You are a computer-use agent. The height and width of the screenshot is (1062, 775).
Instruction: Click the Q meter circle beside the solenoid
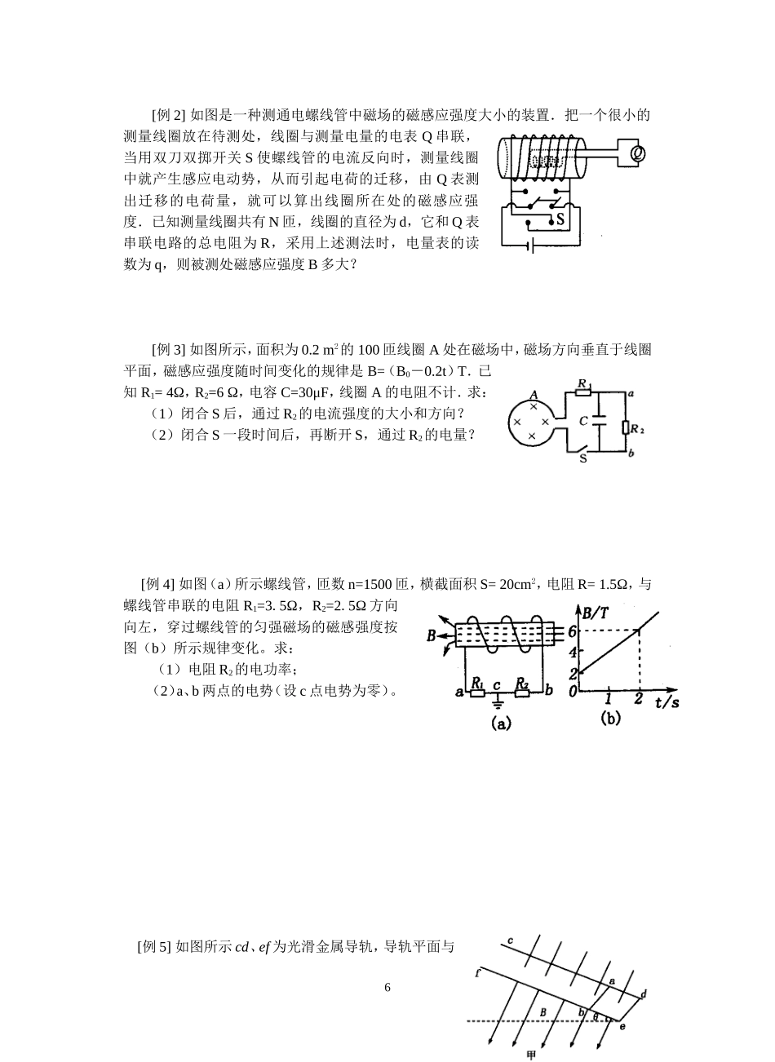639,153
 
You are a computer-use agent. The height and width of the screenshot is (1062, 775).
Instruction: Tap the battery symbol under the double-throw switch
530,244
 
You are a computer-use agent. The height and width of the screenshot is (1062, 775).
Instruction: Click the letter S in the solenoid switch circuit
560,219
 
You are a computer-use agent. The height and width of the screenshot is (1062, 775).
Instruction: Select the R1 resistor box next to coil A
583,392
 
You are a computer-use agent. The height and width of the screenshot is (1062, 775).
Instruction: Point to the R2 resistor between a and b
626,427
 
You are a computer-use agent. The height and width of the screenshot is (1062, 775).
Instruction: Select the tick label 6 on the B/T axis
573,631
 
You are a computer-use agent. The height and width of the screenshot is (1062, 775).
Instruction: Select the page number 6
387,988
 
